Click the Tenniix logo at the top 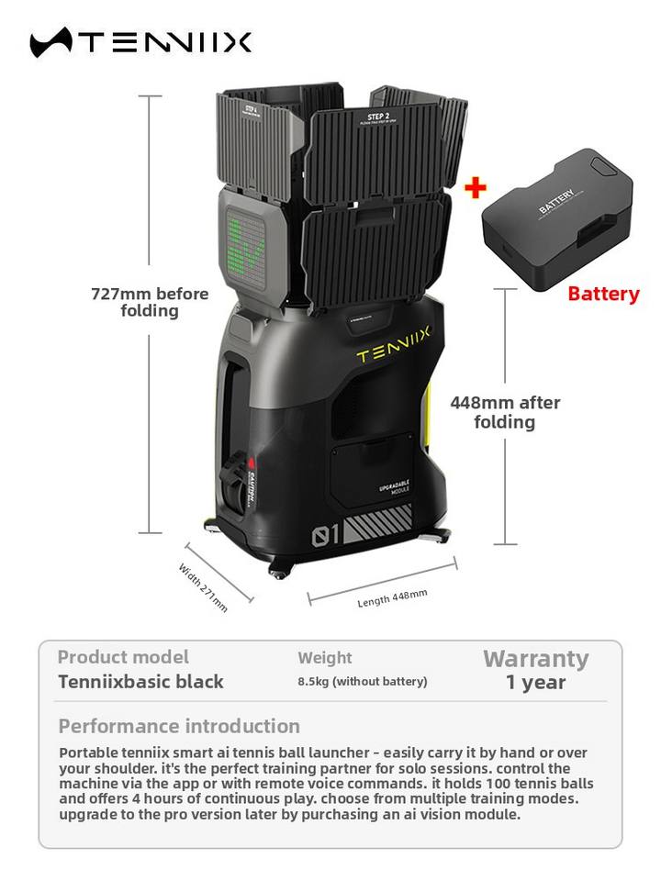click(x=140, y=42)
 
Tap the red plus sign click(x=475, y=188)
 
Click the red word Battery click(x=603, y=294)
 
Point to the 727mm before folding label click(x=150, y=302)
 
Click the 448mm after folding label click(x=505, y=412)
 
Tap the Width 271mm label click(x=203, y=586)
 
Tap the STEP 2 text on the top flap click(x=379, y=117)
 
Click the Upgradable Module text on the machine click(x=394, y=486)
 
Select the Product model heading click(x=123, y=657)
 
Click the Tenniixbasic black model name click(x=140, y=682)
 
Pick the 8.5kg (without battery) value click(x=362, y=682)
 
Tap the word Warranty click(x=535, y=659)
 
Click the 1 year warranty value click(x=535, y=683)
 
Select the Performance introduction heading click(x=179, y=726)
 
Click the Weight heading click(x=324, y=658)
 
